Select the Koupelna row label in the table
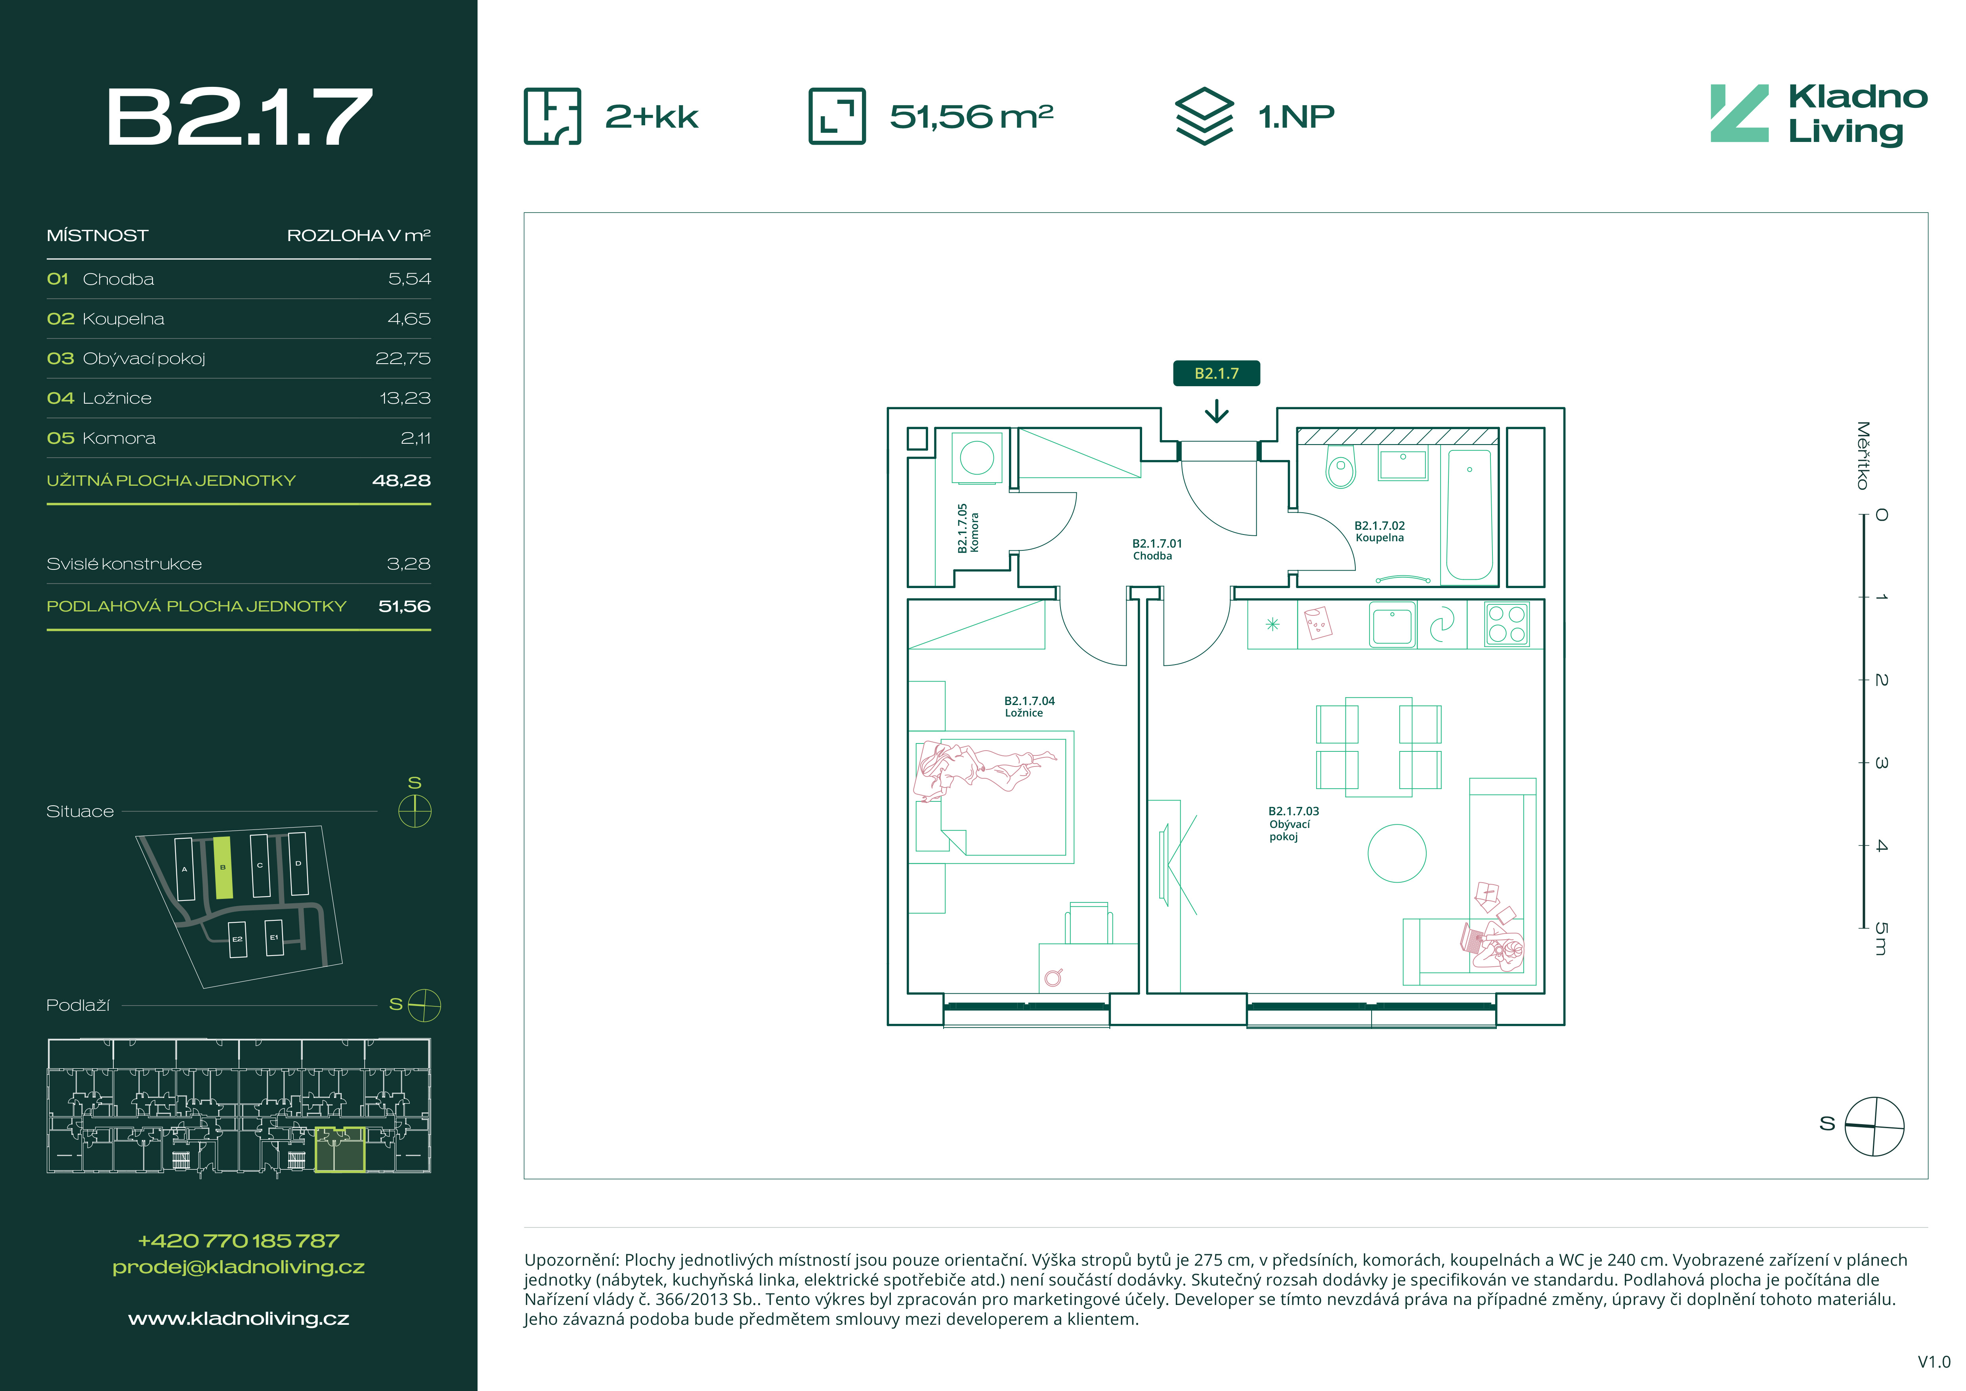[123, 319]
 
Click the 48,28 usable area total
[401, 481]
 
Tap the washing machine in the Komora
[977, 457]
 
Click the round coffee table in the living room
[1397, 853]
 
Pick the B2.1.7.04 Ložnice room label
[1028, 707]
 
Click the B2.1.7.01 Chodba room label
[1156, 549]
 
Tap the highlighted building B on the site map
[223, 868]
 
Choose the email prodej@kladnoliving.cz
[239, 1267]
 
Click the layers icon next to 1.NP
[1204, 116]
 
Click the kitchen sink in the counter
[1392, 624]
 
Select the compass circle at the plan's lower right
[1874, 1125]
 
